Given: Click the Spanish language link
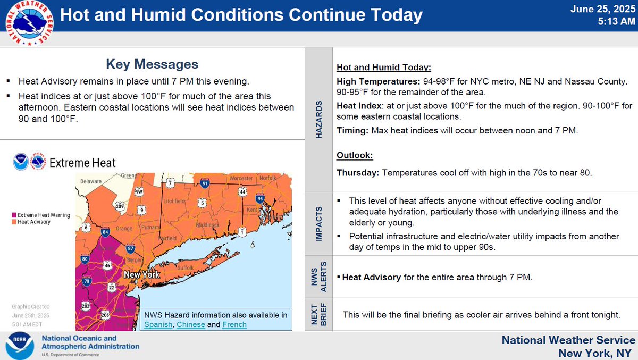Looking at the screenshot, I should pyautogui.click(x=158, y=324).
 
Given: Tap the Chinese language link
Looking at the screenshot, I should pyautogui.click(x=191, y=324).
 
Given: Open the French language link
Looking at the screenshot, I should pyautogui.click(x=234, y=324).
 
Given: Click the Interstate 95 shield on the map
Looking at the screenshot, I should pyautogui.click(x=260, y=199).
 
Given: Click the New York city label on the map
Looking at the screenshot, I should pyautogui.click(x=142, y=275).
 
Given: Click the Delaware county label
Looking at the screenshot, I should pyautogui.click(x=91, y=181).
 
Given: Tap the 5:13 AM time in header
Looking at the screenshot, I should pyautogui.click(x=617, y=22).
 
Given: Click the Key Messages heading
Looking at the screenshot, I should pyautogui.click(x=152, y=64).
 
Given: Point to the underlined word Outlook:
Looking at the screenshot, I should pyautogui.click(x=355, y=156).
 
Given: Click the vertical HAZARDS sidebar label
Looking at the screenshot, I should pyautogui.click(x=319, y=119).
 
